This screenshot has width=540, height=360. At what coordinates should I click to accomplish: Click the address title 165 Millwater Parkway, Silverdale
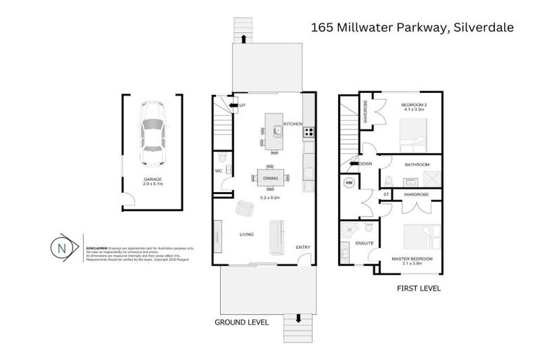coord(412,27)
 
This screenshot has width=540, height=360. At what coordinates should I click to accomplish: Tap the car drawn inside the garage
coord(153,129)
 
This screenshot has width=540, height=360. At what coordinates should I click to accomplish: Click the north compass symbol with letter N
coord(62,248)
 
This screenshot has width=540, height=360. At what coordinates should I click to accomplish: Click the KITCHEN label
coord(292,124)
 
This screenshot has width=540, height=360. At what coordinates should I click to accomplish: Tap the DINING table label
coord(271,179)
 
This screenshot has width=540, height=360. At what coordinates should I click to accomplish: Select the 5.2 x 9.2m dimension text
coord(271,198)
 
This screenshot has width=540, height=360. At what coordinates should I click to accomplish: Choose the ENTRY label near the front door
coord(302,247)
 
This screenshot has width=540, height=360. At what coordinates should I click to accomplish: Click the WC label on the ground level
coord(219,169)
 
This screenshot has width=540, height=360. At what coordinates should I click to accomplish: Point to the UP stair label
coord(243,105)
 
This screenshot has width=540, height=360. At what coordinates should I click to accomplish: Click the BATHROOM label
coord(416,165)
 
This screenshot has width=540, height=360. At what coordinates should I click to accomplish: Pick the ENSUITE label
coord(364,244)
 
